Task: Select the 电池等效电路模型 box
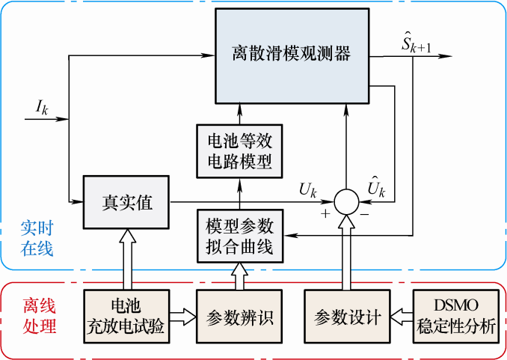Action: tap(240, 150)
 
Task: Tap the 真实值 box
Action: tap(127, 202)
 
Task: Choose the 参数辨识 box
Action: tap(240, 317)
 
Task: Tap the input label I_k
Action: tap(42, 107)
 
